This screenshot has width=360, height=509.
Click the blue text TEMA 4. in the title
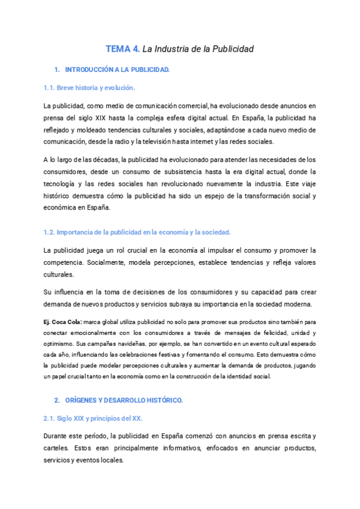point(123,49)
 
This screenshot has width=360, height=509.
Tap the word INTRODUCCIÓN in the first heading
point(88,70)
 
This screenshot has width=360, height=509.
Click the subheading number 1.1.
point(49,88)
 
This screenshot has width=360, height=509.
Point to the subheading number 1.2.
point(49,232)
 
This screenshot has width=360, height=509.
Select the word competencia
point(62,262)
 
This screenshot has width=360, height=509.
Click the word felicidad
point(270,333)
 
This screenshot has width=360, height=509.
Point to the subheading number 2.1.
point(49,418)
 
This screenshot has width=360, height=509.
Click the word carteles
point(56,448)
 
